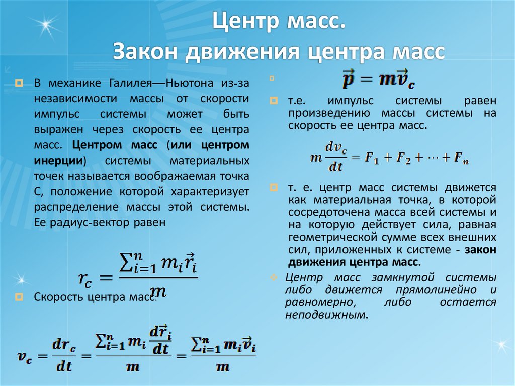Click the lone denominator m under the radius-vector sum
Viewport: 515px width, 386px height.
pos(158,291)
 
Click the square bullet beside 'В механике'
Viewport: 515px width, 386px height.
pos(20,82)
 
